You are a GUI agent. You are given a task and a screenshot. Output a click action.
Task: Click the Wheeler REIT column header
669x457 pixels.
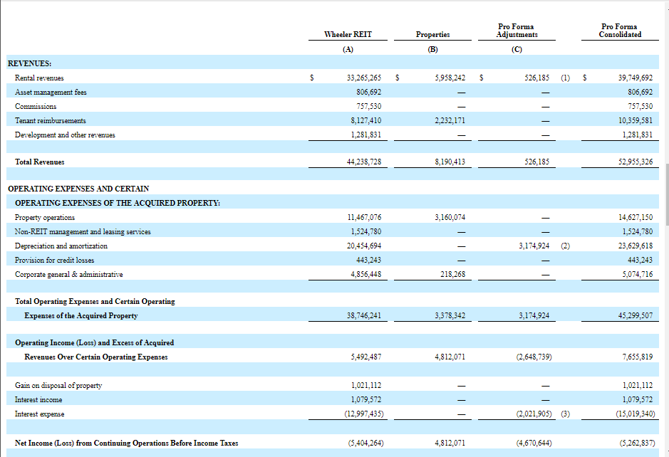coord(348,34)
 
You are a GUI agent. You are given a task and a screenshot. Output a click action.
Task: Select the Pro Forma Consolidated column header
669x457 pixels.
coord(620,31)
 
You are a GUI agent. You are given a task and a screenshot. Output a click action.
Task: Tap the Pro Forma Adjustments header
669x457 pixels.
coord(517,31)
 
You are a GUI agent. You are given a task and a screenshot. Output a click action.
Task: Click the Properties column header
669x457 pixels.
coord(432,34)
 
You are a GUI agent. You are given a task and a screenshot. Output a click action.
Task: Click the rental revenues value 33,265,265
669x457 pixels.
coord(359,78)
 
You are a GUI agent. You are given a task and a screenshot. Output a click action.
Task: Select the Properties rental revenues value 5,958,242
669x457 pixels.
coord(450,78)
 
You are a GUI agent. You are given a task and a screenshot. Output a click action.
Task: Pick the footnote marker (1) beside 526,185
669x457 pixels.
coord(565,78)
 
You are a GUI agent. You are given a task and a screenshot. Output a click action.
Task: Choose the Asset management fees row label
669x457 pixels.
coord(51,92)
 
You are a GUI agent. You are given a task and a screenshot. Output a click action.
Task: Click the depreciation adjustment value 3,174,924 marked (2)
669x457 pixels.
coord(534,246)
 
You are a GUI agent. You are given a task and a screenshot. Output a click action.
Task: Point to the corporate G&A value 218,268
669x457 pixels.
coord(450,274)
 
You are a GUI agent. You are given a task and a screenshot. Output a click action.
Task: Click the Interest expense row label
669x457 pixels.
coord(41,414)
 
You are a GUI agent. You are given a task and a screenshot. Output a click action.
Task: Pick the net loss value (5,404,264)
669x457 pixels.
coord(365,443)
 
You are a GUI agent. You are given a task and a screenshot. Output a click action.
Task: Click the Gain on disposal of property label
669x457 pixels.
coord(58,385)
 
